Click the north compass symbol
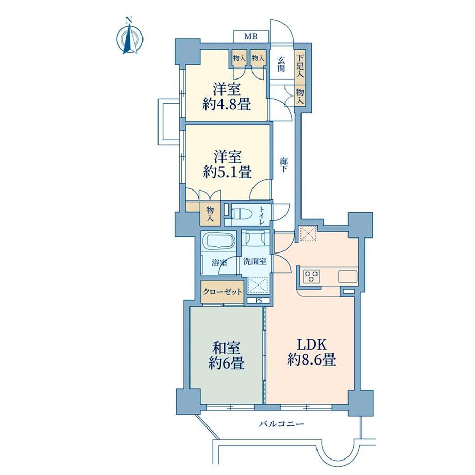coord(130,37)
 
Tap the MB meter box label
coord(251,37)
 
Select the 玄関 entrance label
coord(281,64)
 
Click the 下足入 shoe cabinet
coord(300,67)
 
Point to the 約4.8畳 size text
coord(227,104)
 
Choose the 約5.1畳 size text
coord(227,171)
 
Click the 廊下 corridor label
coord(283,165)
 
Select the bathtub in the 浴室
coord(218,241)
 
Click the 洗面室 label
coord(255,261)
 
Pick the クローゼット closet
coord(223,291)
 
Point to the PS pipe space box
coord(258,300)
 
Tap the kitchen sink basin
coord(347,276)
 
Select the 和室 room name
coord(226,348)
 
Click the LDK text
coord(311,345)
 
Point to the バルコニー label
coord(281,424)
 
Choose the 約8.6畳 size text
coord(311,360)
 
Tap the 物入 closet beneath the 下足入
coord(300,96)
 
